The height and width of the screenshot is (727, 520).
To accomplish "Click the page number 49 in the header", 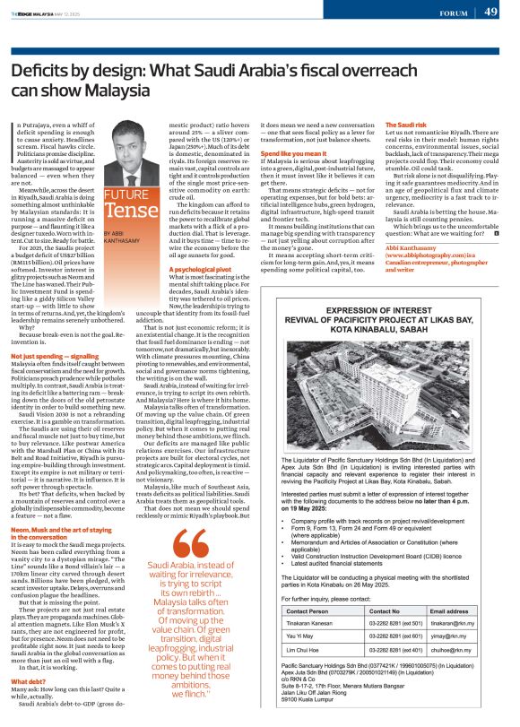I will coord(490,13).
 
